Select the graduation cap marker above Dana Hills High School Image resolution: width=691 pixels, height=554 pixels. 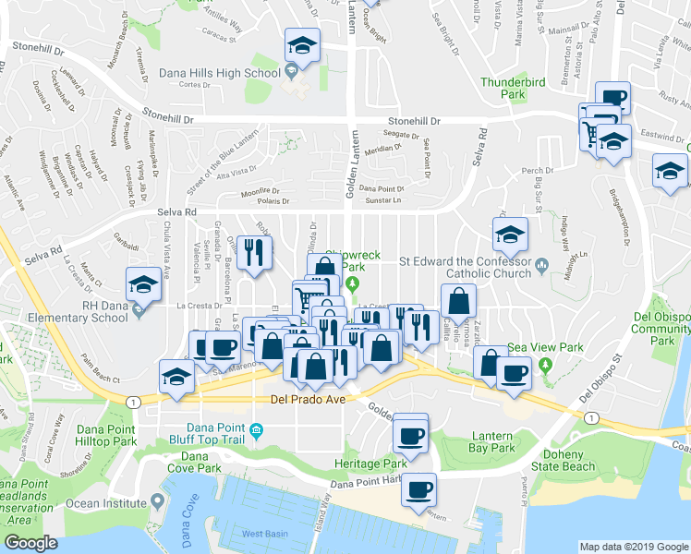coord(301,46)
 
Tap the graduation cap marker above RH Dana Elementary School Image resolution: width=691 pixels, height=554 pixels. coord(142,285)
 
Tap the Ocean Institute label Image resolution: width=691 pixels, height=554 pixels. coord(114,503)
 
